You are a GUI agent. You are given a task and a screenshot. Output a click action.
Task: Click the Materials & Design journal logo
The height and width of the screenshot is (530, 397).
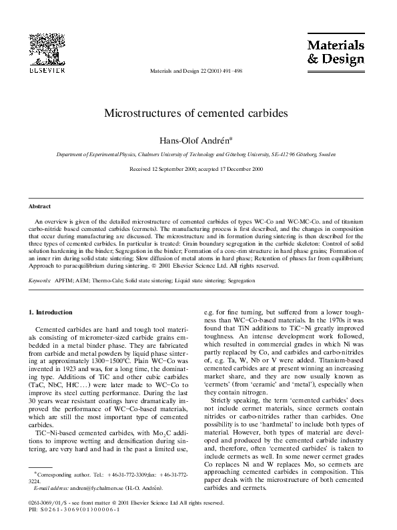335,52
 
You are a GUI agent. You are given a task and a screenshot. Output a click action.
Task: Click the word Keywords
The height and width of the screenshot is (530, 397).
40,281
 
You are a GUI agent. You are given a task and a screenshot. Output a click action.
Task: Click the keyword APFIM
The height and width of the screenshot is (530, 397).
64,281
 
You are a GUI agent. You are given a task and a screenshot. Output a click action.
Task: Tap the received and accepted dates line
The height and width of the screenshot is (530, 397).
195,170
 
